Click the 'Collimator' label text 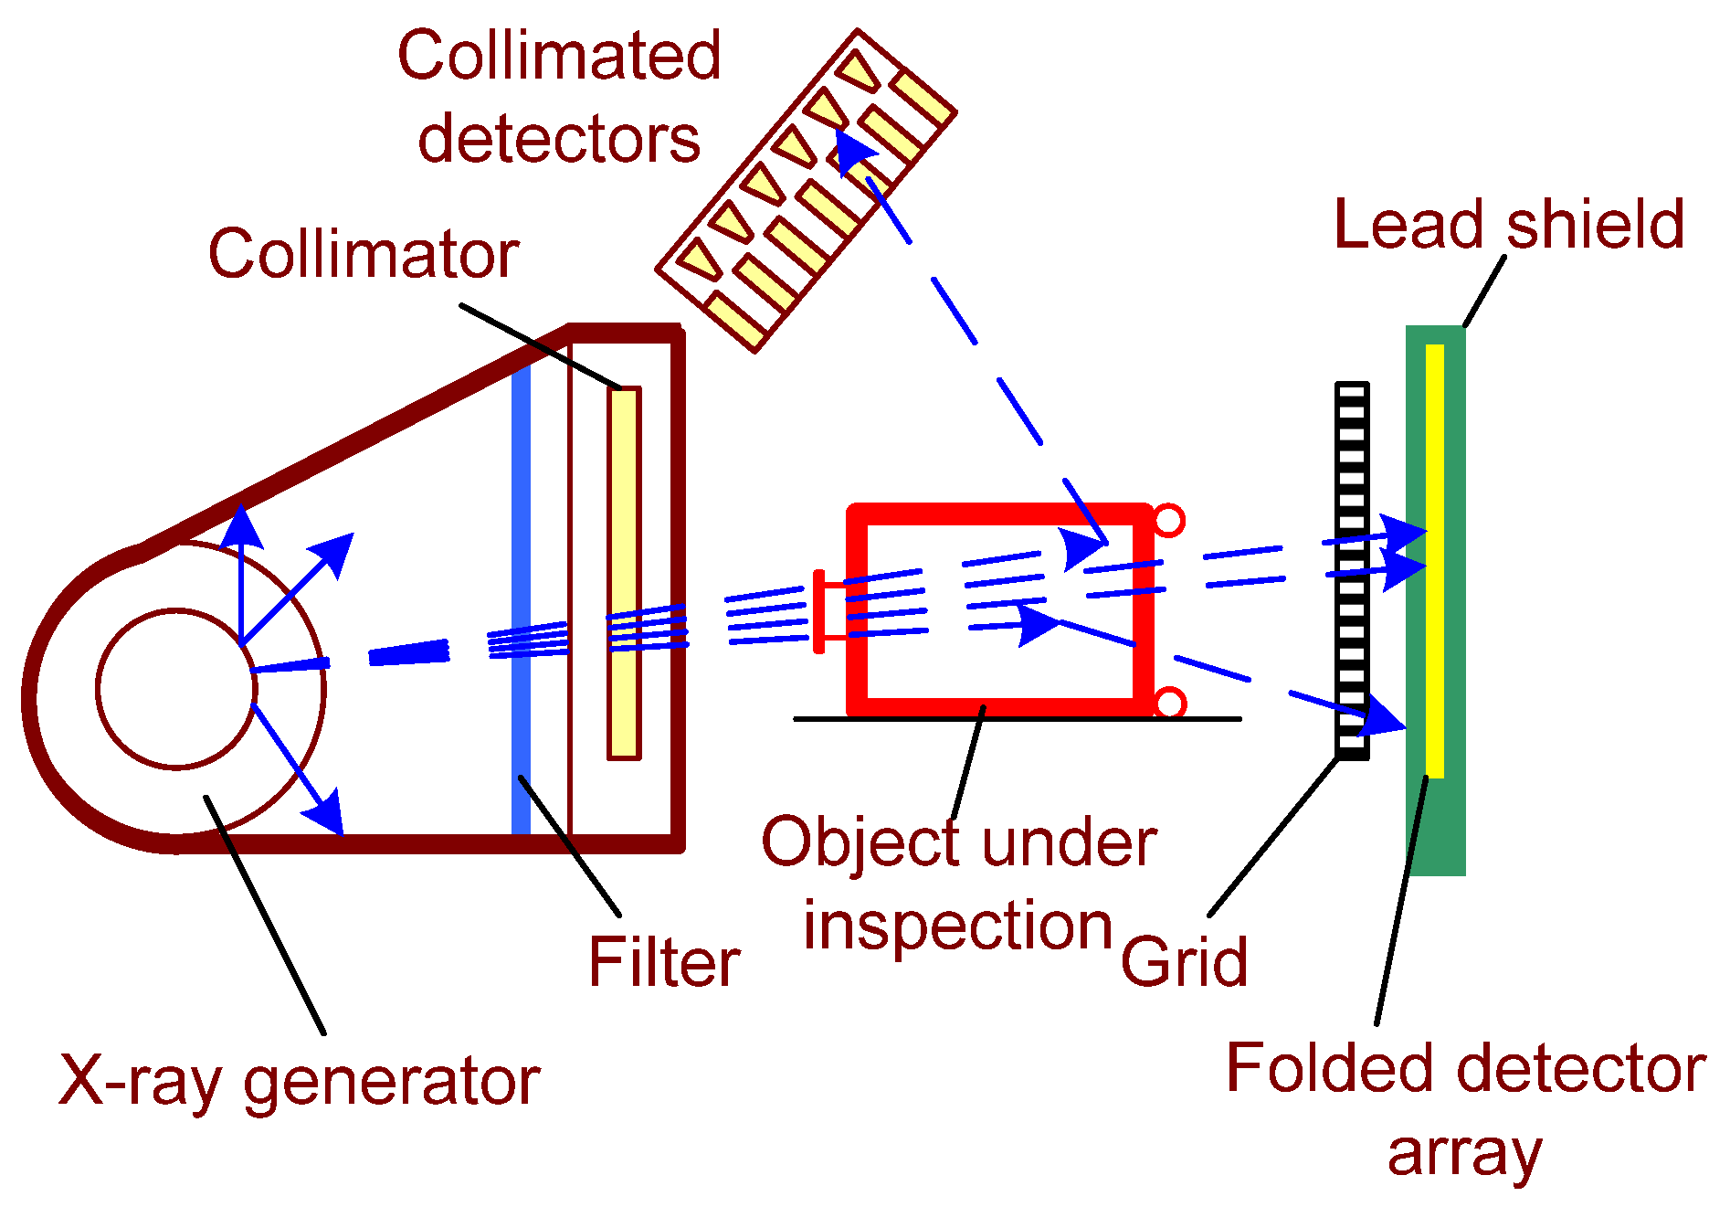364,254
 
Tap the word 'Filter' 663,962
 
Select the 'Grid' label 1184,962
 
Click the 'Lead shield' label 1508,225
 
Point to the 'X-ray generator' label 299,1081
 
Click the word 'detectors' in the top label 558,139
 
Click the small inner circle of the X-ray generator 176,689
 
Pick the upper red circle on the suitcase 1169,521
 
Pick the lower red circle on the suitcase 1169,703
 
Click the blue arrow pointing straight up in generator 241,548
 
